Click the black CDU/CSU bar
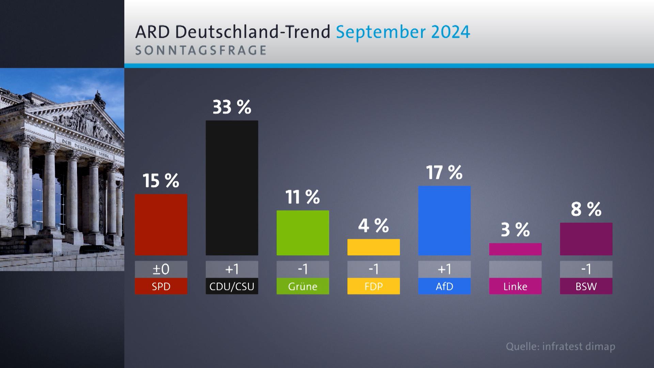(232, 188)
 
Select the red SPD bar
(161, 225)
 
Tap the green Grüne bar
(302, 233)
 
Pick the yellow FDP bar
(373, 247)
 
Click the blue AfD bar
(444, 220)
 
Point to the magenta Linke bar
(515, 249)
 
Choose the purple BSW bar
(586, 239)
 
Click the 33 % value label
(232, 107)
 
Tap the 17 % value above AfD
(444, 172)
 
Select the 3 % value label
(515, 230)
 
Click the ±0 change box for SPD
(161, 269)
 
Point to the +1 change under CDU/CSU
(232, 269)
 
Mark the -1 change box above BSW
(586, 269)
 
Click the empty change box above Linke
(515, 269)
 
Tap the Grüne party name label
(302, 286)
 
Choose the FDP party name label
(373, 286)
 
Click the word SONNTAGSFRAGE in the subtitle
(201, 50)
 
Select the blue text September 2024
(403, 32)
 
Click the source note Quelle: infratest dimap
(560, 347)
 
